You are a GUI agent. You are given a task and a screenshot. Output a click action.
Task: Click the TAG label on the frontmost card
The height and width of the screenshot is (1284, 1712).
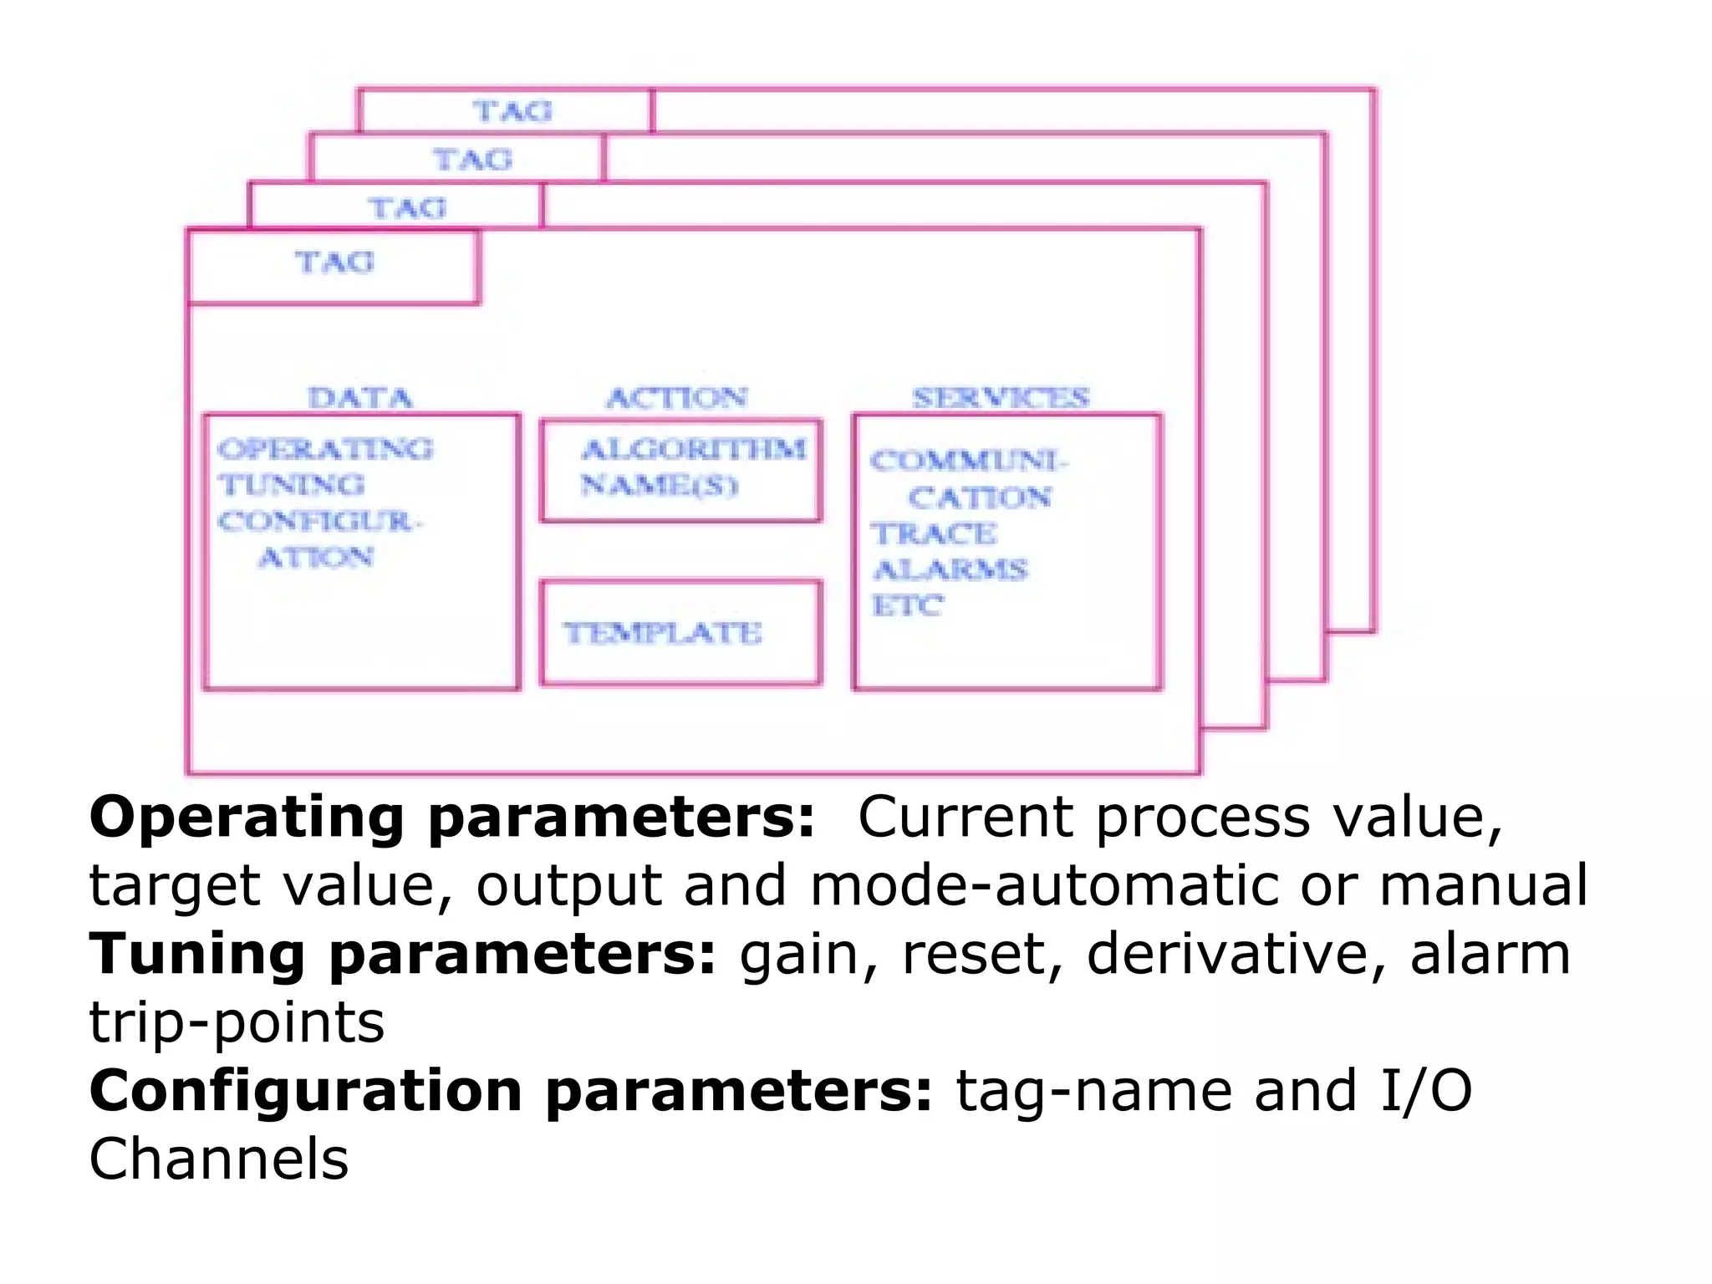click(x=334, y=262)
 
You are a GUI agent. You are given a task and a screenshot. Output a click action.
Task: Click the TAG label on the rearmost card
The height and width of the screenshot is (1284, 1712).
click(x=512, y=111)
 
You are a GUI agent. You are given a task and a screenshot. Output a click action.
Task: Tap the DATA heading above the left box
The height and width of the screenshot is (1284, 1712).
click(x=360, y=398)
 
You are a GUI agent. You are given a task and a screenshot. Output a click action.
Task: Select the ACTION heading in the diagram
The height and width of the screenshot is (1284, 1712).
click(x=676, y=398)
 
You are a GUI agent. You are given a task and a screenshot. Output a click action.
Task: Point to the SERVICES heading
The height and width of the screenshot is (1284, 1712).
click(x=1001, y=398)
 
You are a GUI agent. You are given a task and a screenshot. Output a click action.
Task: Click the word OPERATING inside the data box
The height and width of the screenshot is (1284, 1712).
click(x=325, y=450)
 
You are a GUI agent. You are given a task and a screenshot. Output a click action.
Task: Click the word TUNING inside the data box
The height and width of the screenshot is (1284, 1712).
click(x=292, y=485)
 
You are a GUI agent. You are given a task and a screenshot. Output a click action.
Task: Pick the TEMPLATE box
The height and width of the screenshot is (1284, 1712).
click(x=680, y=633)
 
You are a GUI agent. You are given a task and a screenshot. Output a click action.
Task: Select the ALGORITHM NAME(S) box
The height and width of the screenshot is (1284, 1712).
click(x=680, y=470)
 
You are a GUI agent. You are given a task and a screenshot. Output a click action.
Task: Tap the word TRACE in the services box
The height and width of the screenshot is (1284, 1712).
click(x=934, y=533)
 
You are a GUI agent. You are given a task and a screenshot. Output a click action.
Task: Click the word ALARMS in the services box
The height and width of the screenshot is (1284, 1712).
click(x=950, y=570)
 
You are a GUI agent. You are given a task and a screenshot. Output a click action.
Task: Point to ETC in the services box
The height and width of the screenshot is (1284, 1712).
click(x=908, y=605)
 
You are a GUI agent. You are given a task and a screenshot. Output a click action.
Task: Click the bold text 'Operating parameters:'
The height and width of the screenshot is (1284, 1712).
click(x=451, y=818)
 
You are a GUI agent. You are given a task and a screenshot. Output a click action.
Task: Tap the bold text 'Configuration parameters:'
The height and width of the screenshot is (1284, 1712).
click(x=510, y=1092)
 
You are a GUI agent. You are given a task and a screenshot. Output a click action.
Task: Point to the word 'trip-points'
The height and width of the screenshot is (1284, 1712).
click(x=237, y=1023)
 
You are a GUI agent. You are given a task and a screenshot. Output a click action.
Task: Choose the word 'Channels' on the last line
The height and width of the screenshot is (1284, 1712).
click(x=219, y=1160)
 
